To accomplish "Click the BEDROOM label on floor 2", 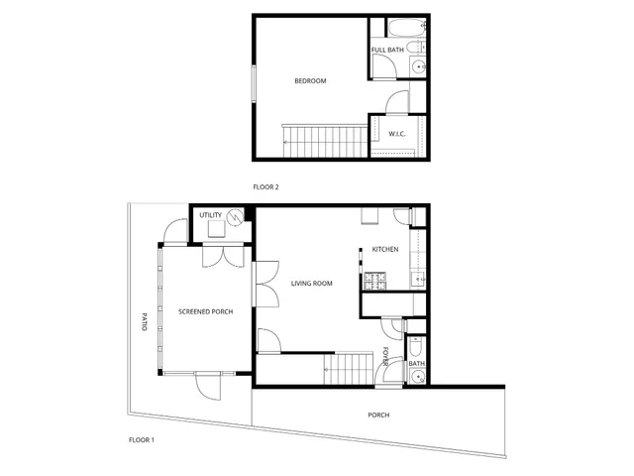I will tap(310, 81).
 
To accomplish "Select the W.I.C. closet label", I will tap(396, 133).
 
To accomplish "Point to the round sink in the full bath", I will tap(418, 67).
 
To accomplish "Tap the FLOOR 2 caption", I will tap(265, 186).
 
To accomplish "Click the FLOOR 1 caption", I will tap(142, 438).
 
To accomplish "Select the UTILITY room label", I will tap(210, 215).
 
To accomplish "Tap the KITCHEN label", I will tap(385, 249).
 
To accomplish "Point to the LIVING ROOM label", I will tap(311, 284).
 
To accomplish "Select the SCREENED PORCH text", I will tap(205, 311).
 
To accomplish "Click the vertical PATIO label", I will tap(144, 321).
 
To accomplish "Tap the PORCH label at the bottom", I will tap(378, 415).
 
